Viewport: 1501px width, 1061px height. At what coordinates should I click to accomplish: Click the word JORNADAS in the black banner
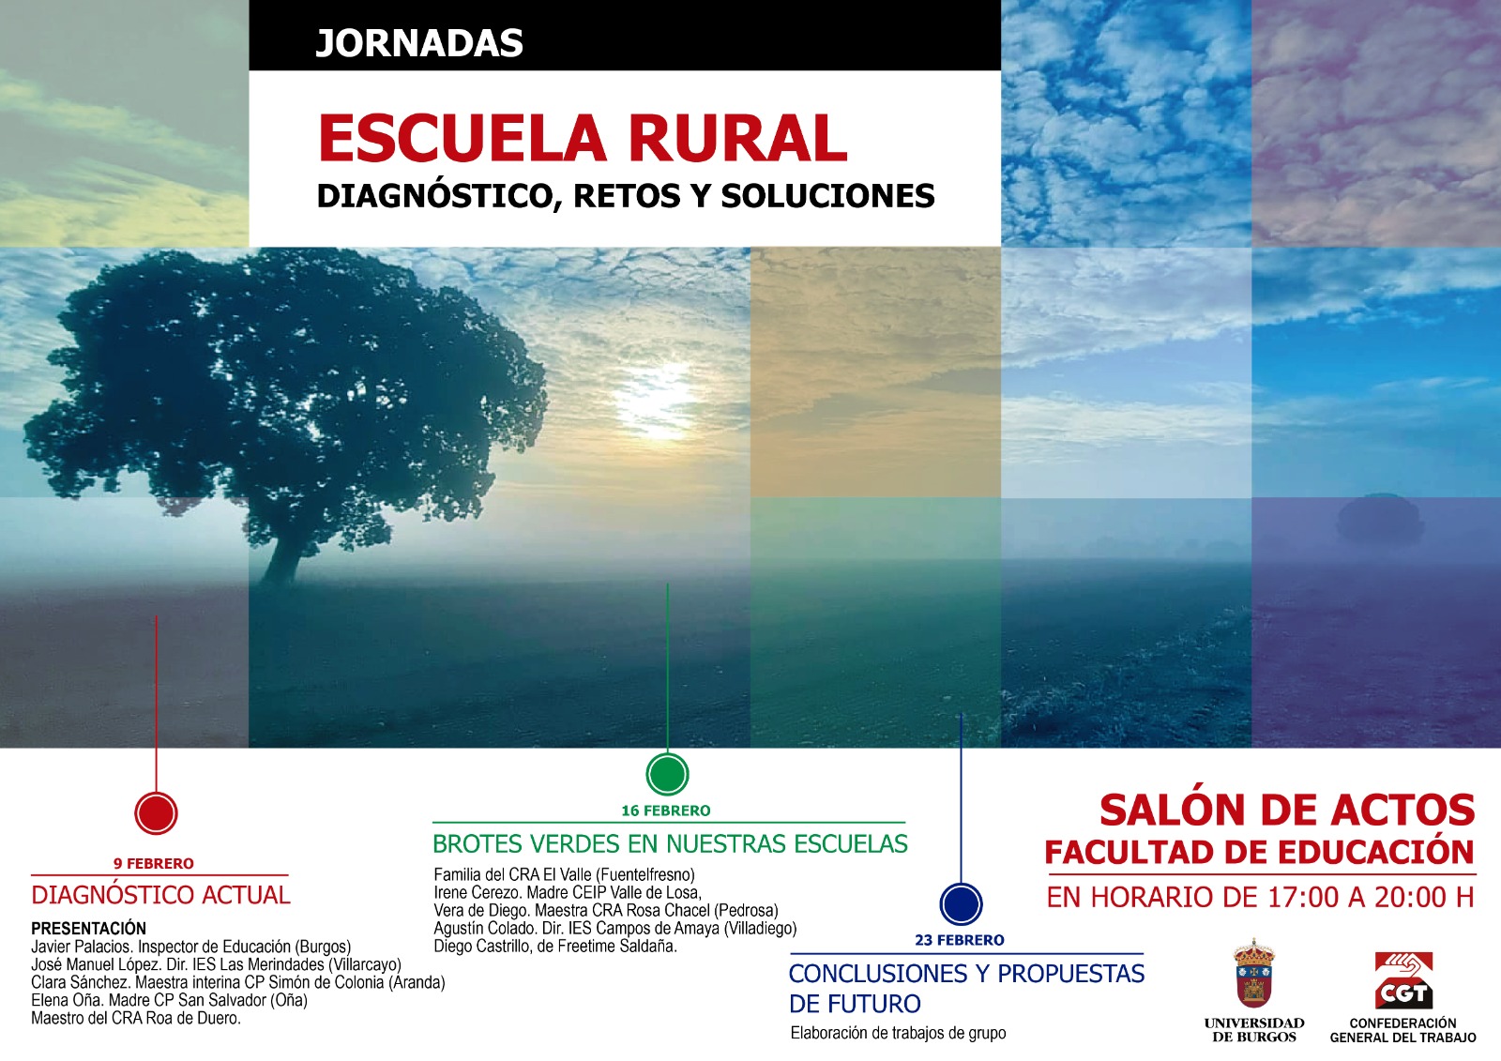click(x=418, y=43)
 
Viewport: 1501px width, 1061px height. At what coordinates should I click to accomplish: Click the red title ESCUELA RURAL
click(x=583, y=139)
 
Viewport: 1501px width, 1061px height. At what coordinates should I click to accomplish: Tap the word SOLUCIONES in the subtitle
click(x=827, y=196)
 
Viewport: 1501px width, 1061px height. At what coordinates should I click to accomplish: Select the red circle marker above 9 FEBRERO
click(x=156, y=813)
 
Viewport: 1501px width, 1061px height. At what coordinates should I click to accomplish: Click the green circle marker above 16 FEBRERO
click(x=667, y=774)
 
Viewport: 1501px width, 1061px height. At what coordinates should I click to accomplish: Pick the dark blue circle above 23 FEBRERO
click(x=961, y=903)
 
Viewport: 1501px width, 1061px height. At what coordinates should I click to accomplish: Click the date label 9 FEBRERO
click(x=154, y=863)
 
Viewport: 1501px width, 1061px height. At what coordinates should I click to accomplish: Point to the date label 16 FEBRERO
click(x=666, y=811)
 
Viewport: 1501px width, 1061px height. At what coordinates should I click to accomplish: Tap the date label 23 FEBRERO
click(x=960, y=940)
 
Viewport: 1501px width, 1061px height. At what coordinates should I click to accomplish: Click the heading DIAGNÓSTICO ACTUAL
click(x=160, y=895)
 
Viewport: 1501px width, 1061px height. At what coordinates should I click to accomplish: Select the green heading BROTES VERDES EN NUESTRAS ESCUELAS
click(x=670, y=844)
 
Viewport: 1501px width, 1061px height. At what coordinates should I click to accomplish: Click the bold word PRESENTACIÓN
click(x=88, y=929)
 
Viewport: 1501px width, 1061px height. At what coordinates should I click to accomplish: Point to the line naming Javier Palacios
click(x=191, y=947)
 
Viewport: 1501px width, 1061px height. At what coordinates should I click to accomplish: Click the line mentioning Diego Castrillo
click(x=555, y=947)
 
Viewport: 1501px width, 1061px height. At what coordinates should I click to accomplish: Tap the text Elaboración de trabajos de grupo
click(x=898, y=1034)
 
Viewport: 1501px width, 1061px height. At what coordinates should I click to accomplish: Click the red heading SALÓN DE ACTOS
click(x=1287, y=810)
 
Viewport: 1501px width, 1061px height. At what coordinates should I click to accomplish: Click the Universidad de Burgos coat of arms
click(x=1253, y=973)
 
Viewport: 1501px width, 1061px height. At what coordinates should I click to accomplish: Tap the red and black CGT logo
click(x=1403, y=980)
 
